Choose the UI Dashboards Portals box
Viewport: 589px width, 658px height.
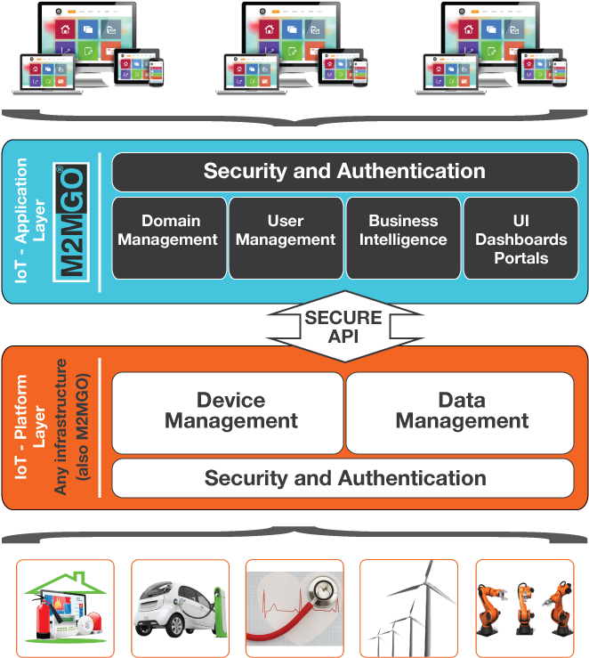[520, 238]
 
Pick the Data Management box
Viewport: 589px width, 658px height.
[460, 412]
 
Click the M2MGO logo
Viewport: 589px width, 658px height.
[71, 223]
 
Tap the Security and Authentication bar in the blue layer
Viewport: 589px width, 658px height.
[344, 171]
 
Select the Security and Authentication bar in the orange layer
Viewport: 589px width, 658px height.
[344, 478]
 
